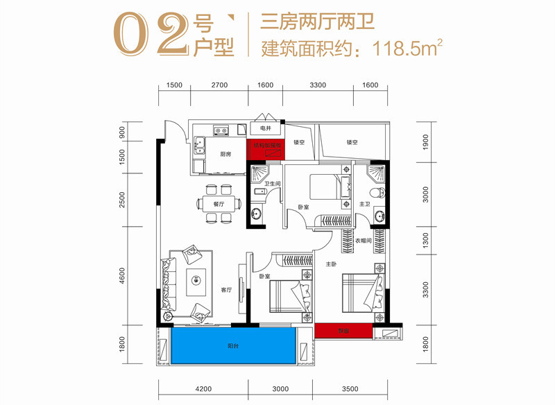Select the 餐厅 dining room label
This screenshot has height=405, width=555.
coord(219,205)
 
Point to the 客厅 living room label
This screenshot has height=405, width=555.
coord(226,291)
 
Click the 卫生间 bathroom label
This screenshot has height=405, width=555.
coord(271,183)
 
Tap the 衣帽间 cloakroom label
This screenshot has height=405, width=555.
coord(366,241)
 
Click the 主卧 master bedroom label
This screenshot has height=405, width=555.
coord(332,263)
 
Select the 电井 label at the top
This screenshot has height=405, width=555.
coord(265,129)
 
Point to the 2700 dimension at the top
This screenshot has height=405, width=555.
coord(219,85)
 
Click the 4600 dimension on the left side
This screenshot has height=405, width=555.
coord(123,277)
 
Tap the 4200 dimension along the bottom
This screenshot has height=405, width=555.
coord(203,389)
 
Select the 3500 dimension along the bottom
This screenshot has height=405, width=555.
coord(350,389)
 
